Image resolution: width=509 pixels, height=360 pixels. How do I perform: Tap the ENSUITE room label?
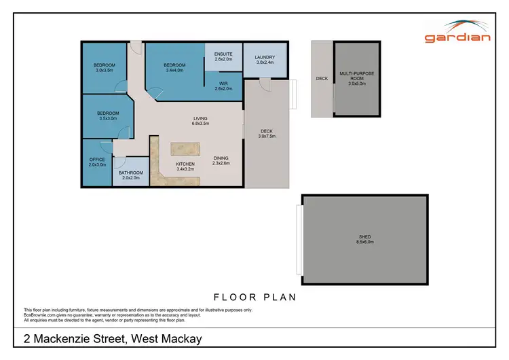coord(223,54)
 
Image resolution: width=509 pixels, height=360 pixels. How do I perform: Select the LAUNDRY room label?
coord(265,57)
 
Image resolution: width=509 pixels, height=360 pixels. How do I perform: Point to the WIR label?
coord(223,83)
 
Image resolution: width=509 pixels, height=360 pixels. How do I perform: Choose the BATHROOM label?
coord(131,173)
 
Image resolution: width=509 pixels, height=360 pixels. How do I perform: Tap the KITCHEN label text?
coord(185,164)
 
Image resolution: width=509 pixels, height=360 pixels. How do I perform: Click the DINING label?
coord(221,158)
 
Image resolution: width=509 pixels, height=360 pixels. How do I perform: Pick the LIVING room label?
coord(200,118)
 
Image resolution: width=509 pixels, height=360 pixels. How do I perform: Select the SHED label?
coord(365,236)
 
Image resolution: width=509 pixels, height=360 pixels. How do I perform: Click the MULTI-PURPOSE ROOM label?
coord(357,75)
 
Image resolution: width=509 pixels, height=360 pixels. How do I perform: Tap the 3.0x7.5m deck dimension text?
coord(267,137)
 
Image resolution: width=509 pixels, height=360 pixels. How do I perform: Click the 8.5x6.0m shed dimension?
coord(365,242)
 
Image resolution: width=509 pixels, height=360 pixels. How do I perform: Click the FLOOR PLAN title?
coord(254,297)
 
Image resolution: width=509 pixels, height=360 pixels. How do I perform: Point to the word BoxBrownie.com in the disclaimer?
coord(39,314)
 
